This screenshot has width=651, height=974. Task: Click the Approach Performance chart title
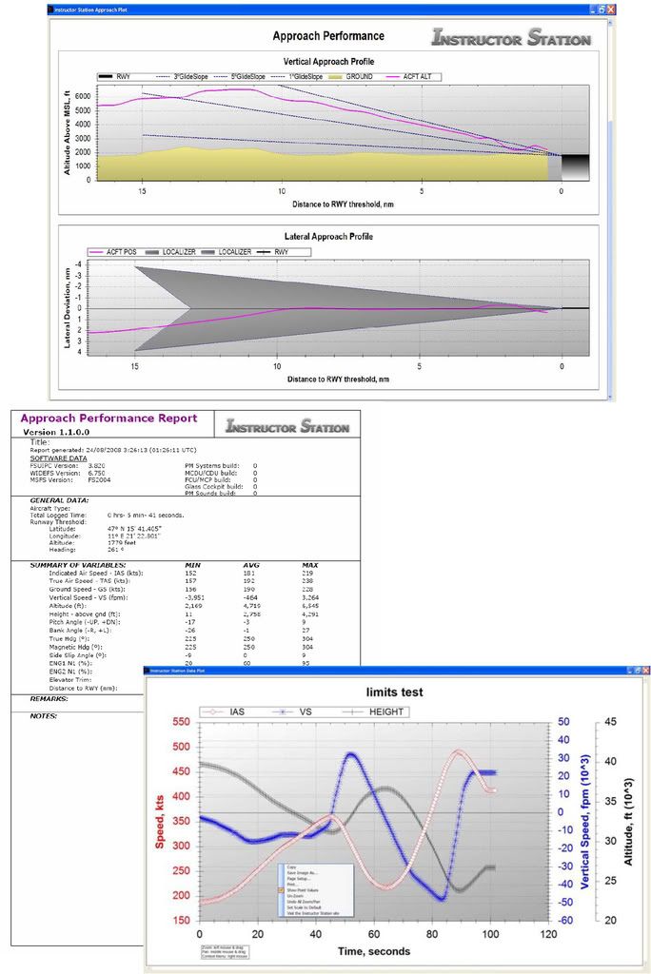click(328, 36)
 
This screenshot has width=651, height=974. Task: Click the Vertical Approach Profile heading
click(328, 61)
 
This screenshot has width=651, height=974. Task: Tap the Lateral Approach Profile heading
click(328, 235)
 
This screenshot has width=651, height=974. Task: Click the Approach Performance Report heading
click(108, 418)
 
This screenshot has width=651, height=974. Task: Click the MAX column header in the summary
click(306, 566)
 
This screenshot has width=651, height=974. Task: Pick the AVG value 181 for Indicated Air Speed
click(249, 575)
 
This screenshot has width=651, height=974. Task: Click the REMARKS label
click(47, 697)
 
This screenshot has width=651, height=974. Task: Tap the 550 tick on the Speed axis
click(180, 722)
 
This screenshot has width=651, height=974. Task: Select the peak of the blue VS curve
click(351, 754)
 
